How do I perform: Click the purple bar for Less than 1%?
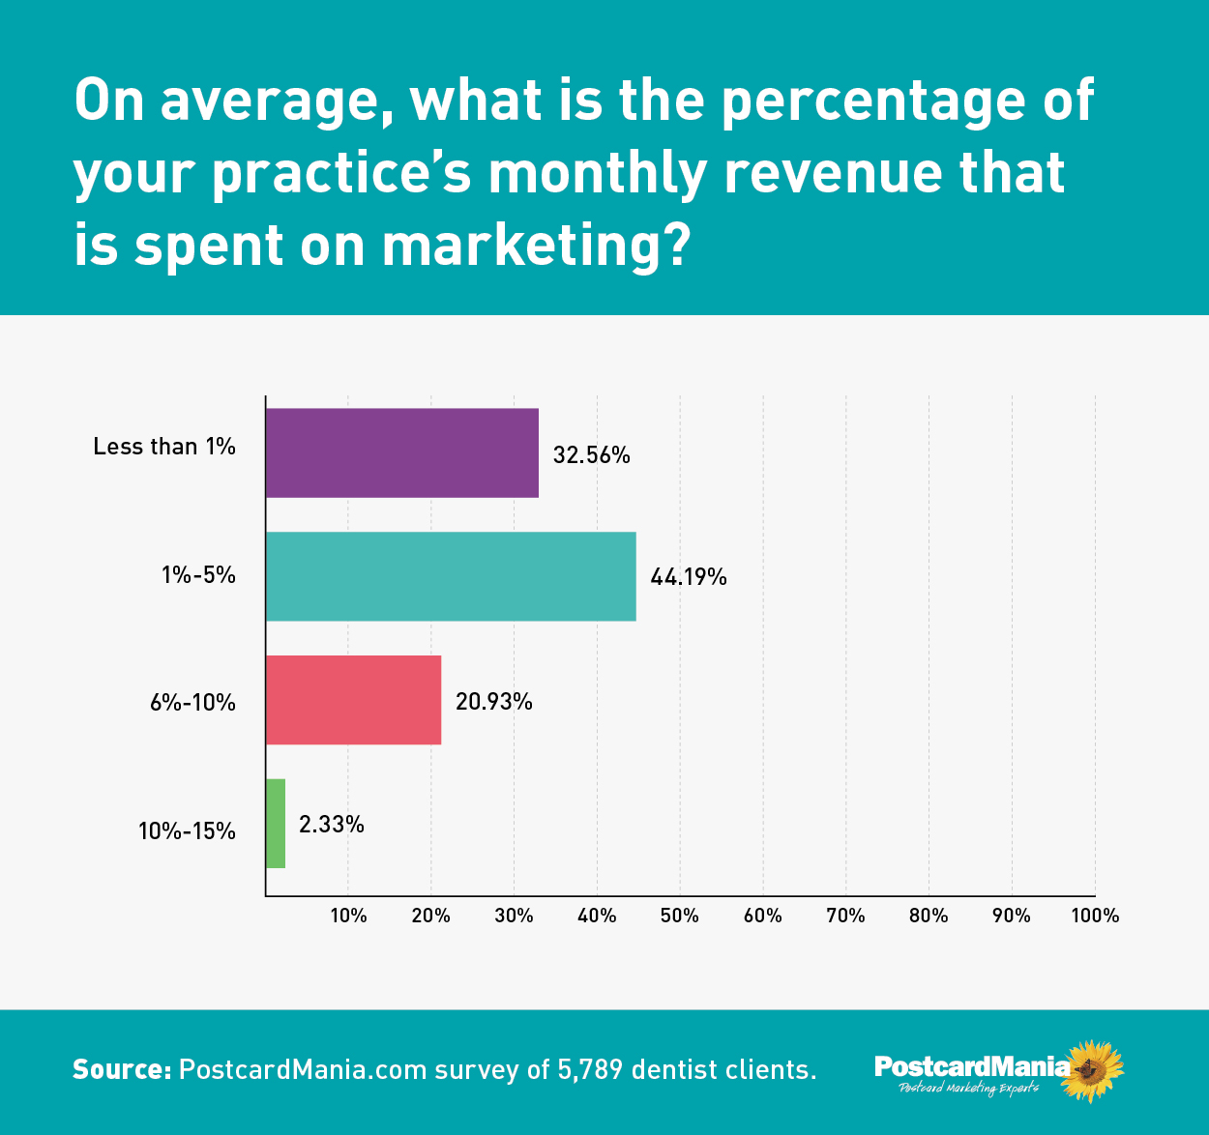[x=401, y=452]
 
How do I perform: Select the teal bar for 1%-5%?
[x=451, y=576]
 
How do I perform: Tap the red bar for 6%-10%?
[x=353, y=700]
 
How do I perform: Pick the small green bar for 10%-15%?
[x=276, y=824]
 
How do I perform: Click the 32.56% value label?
[x=591, y=454]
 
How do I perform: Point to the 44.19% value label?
[x=689, y=577]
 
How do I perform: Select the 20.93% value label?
[x=493, y=701]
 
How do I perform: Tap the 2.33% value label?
[x=332, y=825]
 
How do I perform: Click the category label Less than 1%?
[x=164, y=446]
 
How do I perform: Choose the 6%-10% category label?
[x=192, y=703]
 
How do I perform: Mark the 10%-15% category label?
[x=187, y=830]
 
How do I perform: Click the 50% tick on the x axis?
[x=679, y=915]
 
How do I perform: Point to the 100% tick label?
[x=1095, y=915]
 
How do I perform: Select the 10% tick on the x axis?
[x=348, y=915]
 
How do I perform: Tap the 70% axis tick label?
[x=845, y=915]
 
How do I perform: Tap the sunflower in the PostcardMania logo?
[x=1092, y=1070]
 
